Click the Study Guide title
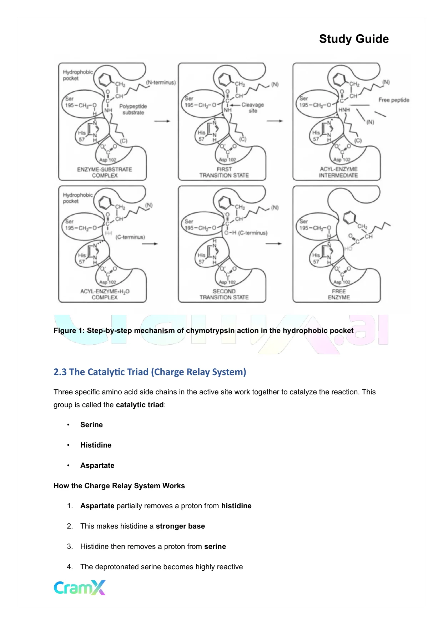point(353,39)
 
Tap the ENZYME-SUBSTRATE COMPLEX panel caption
point(105,172)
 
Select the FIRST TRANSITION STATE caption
point(224,172)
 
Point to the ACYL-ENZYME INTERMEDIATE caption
point(338,172)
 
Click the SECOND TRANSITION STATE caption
point(224,294)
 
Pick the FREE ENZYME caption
point(339,294)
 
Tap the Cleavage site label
point(253,107)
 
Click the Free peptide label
point(394,100)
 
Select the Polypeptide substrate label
point(133,109)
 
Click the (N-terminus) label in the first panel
point(161,82)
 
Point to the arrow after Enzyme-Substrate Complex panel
point(162,121)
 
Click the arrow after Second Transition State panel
point(274,244)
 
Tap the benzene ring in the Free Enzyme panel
point(350,216)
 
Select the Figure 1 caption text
point(203,330)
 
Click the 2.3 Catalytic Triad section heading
point(150,372)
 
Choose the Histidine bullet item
point(96,445)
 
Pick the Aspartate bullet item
point(97,465)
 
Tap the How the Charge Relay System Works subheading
point(119,486)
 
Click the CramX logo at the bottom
point(80,587)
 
